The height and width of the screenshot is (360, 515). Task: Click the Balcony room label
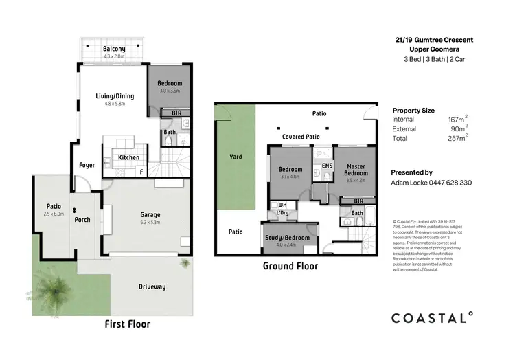114,49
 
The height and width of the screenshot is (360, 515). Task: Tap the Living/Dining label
115,96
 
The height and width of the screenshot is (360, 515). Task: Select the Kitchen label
128,157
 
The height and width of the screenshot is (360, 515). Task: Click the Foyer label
87,165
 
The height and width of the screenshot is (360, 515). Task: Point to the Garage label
150,214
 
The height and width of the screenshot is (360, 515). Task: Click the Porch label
82,220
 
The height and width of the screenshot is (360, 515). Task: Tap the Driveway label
151,286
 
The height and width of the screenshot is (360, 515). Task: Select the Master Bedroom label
356,170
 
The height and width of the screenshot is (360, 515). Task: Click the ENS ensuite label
327,166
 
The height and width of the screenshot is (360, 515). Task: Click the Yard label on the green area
235,157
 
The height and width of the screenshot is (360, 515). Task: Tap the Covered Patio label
301,137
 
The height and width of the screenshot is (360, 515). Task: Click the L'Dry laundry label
282,214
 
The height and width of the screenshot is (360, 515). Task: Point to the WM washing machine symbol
282,205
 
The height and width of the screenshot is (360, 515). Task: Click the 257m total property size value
455,138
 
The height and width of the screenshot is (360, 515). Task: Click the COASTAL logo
432,317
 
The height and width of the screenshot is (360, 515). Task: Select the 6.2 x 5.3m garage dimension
150,222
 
